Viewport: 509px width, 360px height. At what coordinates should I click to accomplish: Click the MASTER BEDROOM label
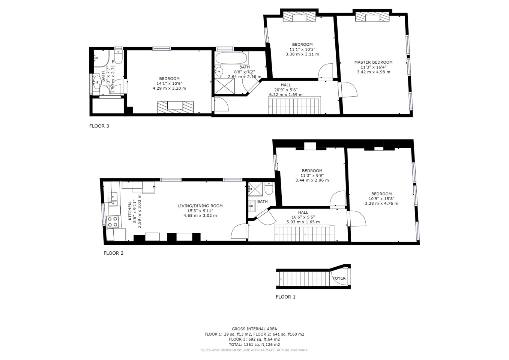tap(373, 62)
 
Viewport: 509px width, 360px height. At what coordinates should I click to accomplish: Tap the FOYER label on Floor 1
tap(339, 278)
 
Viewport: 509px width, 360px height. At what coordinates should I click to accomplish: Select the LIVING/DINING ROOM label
tap(200, 206)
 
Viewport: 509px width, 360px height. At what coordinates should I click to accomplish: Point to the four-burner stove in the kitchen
tap(113, 222)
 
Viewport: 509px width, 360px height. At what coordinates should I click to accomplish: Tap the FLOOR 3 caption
tap(99, 126)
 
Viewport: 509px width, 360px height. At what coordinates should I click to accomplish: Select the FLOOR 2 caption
tap(113, 253)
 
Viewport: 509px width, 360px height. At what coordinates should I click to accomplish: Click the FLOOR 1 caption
tap(285, 297)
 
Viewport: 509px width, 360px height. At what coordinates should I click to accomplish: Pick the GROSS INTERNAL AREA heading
tap(254, 329)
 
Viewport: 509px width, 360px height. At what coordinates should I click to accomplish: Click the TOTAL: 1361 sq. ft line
tap(254, 345)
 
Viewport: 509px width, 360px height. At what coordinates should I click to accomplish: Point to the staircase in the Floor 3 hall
tap(294, 105)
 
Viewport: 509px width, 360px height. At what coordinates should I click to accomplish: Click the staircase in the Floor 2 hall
tap(304, 233)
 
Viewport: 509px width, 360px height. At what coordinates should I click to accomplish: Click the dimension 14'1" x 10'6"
tap(169, 84)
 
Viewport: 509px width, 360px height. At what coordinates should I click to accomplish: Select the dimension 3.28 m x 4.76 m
tap(381, 204)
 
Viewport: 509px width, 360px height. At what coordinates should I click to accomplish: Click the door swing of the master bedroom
tap(349, 90)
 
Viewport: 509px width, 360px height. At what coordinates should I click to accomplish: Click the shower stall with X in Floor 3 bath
tap(224, 86)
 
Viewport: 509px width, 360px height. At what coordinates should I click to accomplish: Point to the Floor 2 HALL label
tap(303, 212)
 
